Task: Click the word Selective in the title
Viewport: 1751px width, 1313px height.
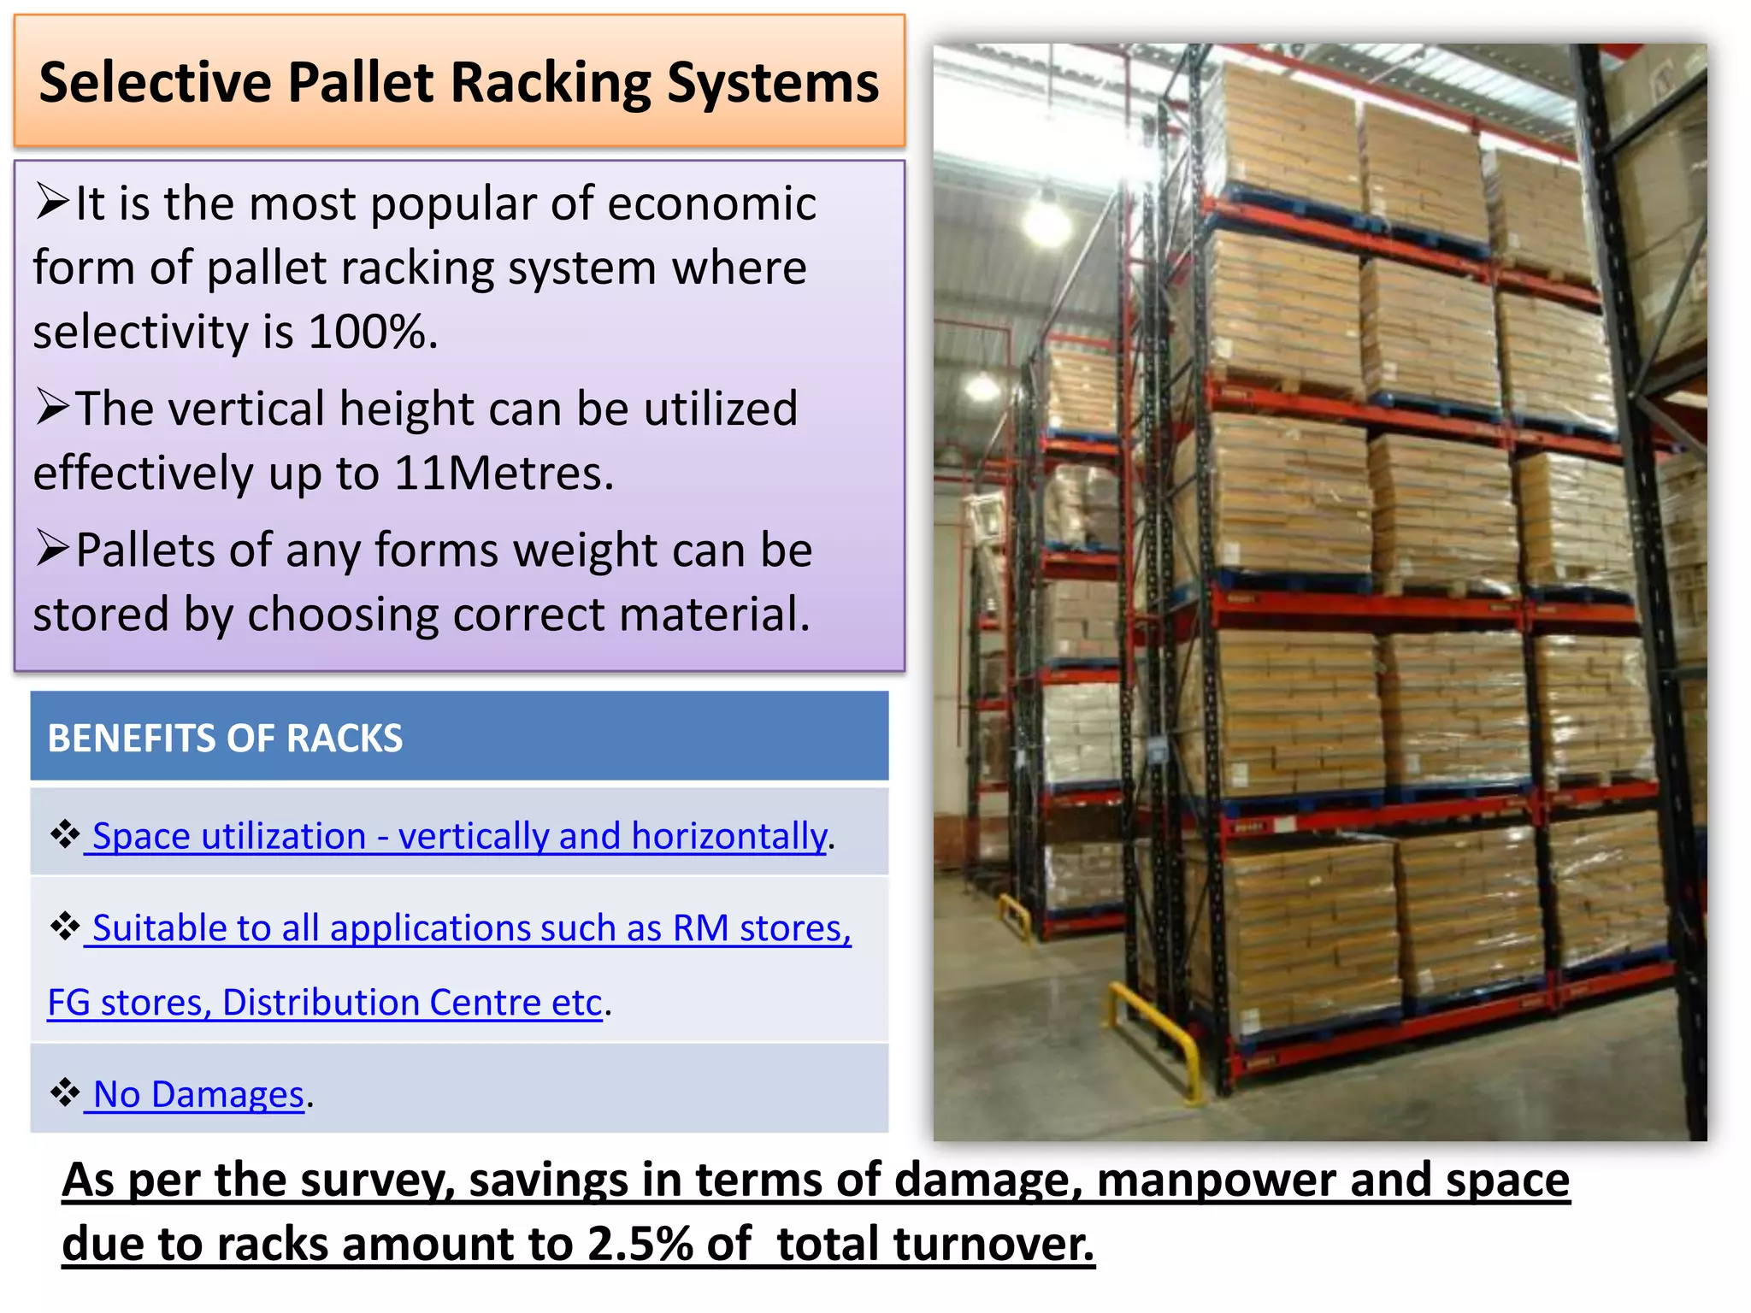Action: (156, 83)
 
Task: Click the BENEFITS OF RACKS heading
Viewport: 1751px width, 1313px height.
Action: (225, 738)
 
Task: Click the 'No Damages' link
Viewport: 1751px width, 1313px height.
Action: (198, 1093)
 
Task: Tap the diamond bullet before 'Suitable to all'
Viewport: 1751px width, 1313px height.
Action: (64, 925)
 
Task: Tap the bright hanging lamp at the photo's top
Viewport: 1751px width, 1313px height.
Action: (1046, 221)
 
